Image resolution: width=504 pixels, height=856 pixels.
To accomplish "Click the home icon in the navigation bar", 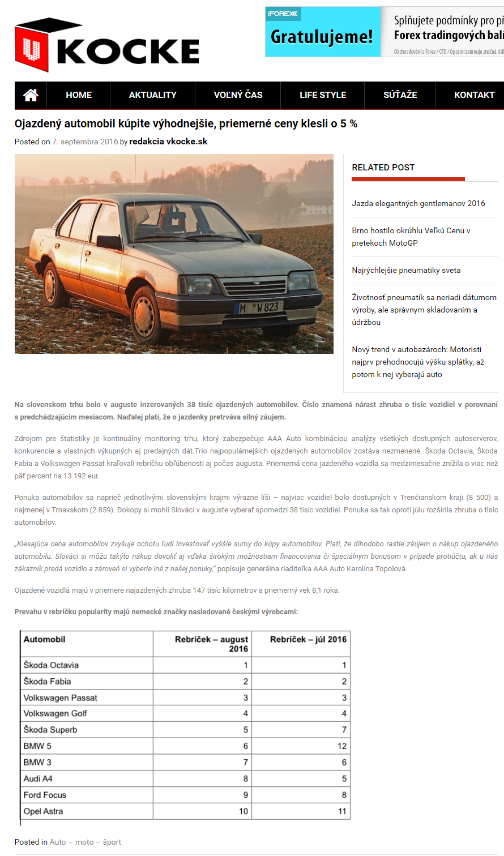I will pyautogui.click(x=31, y=95).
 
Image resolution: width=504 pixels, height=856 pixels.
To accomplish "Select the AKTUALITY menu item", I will pyautogui.click(x=152, y=95).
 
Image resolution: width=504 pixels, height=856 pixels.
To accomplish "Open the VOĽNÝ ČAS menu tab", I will pyautogui.click(x=238, y=95).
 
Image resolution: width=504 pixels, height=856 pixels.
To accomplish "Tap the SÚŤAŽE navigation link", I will pyautogui.click(x=400, y=95).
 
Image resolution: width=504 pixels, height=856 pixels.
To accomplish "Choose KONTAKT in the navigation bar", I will pyautogui.click(x=474, y=95).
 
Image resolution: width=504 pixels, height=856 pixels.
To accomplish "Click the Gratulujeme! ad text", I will pyautogui.click(x=322, y=37).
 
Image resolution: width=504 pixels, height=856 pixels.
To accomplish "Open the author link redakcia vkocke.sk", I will pyautogui.click(x=168, y=142).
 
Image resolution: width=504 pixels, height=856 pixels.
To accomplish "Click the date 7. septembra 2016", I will pyautogui.click(x=85, y=142).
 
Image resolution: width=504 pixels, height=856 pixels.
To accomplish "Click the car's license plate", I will pyautogui.click(x=259, y=307).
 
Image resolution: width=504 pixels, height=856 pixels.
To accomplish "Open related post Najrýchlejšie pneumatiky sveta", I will pyautogui.click(x=406, y=270).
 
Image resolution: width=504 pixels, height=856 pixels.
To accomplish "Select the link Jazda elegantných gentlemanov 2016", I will pyautogui.click(x=418, y=203).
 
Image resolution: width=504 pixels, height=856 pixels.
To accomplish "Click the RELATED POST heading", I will pyautogui.click(x=383, y=168).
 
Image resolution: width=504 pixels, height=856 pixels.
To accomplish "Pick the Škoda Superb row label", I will pyautogui.click(x=50, y=730).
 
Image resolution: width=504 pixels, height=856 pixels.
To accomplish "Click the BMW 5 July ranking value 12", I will pyautogui.click(x=341, y=746).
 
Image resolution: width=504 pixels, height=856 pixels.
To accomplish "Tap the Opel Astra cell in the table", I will pyautogui.click(x=44, y=811).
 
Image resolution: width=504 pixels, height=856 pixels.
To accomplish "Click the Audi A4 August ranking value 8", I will pyautogui.click(x=245, y=778).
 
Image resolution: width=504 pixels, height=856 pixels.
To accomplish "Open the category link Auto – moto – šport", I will pyautogui.click(x=86, y=842).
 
